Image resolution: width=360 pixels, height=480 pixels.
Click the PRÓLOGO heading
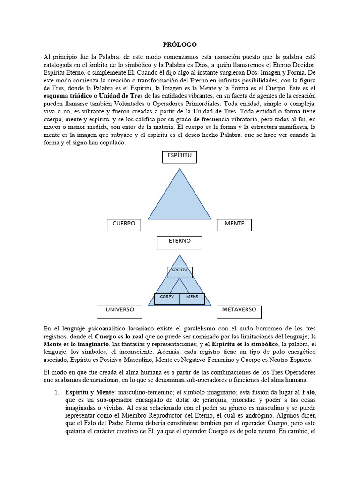[x=180, y=45]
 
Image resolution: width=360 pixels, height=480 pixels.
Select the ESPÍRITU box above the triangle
[x=180, y=157]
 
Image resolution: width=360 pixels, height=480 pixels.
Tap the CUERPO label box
[x=124, y=225]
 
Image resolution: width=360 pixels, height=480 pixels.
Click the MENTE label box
[x=234, y=225]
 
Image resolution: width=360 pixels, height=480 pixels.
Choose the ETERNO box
[x=180, y=242]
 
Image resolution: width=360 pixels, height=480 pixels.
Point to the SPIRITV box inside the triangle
[x=180, y=271]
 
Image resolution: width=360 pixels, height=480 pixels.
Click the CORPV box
[x=167, y=298]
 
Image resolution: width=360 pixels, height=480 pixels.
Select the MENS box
[x=192, y=298]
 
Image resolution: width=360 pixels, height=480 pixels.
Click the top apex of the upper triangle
[x=180, y=169]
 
